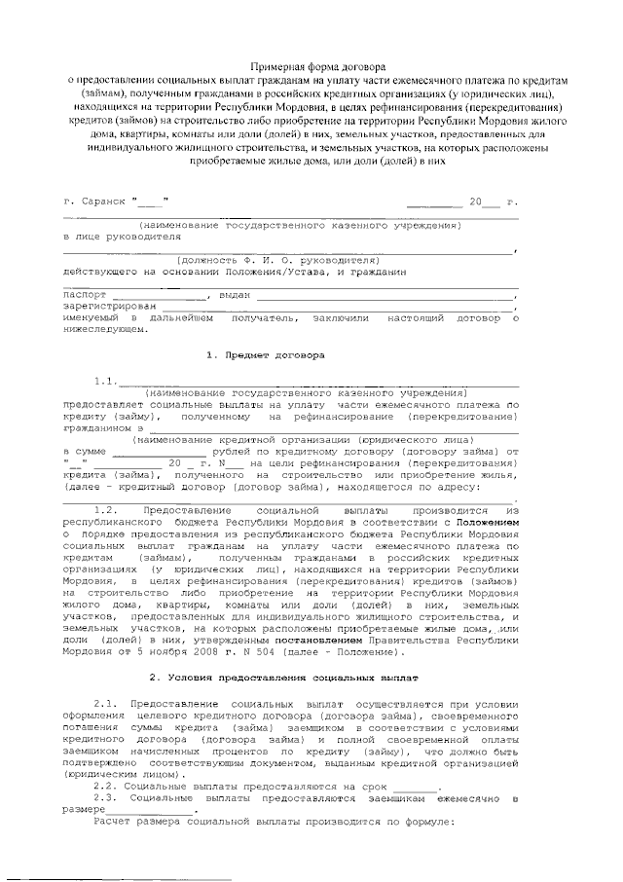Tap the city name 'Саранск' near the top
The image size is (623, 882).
click(104, 202)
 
